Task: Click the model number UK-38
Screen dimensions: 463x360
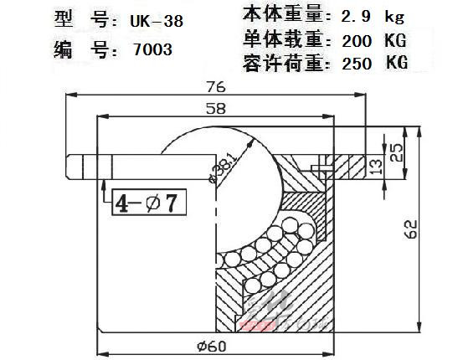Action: [157, 21]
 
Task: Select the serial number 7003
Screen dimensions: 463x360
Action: [152, 49]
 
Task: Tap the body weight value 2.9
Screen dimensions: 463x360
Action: [356, 17]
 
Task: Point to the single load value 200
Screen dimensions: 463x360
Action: [357, 41]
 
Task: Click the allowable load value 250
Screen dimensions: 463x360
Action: [357, 63]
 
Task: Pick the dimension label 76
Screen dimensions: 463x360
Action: [216, 87]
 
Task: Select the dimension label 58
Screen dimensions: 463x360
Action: [216, 109]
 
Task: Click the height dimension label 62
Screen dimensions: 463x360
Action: [411, 229]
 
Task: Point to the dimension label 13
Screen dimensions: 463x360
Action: [376, 167]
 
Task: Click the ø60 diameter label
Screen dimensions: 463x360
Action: [212, 346]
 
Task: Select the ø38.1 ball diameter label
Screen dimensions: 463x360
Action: [224, 168]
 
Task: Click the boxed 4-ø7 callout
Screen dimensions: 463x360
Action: [149, 203]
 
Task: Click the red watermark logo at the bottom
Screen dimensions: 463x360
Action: [258, 326]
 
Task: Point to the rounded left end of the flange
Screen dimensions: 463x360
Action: [68, 167]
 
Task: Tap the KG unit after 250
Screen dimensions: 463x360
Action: [397, 63]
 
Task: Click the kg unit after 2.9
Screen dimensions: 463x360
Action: [394, 18]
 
